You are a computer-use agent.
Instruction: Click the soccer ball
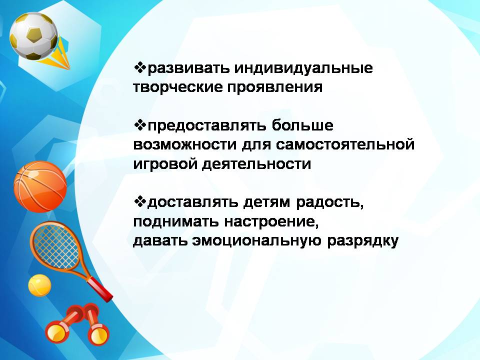[33, 36]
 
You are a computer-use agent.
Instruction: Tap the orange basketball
[40, 186]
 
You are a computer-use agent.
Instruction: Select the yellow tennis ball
[39, 285]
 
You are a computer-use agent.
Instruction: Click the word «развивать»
[188, 68]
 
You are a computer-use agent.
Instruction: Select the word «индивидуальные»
[303, 68]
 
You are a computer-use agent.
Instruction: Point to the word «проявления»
[275, 87]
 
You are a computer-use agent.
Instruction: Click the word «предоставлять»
[206, 126]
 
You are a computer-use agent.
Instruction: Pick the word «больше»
[302, 125]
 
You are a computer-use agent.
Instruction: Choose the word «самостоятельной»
[345, 144]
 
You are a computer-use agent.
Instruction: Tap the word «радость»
[329, 203]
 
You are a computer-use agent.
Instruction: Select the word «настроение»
[271, 221]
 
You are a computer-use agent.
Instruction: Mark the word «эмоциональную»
[257, 241]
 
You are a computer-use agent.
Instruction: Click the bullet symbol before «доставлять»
[140, 201]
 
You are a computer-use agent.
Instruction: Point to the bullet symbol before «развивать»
[140, 67]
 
